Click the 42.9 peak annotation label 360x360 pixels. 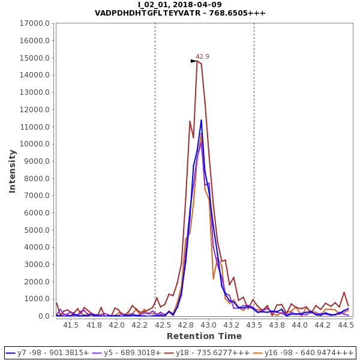202,56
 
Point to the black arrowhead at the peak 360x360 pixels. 194,61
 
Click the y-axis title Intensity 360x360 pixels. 12,171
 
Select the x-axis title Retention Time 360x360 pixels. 204,336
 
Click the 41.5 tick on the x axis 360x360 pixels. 71,325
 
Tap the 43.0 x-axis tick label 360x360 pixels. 208,325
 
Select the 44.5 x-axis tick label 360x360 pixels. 346,325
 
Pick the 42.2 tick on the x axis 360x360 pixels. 139,325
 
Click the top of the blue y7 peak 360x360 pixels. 201,120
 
